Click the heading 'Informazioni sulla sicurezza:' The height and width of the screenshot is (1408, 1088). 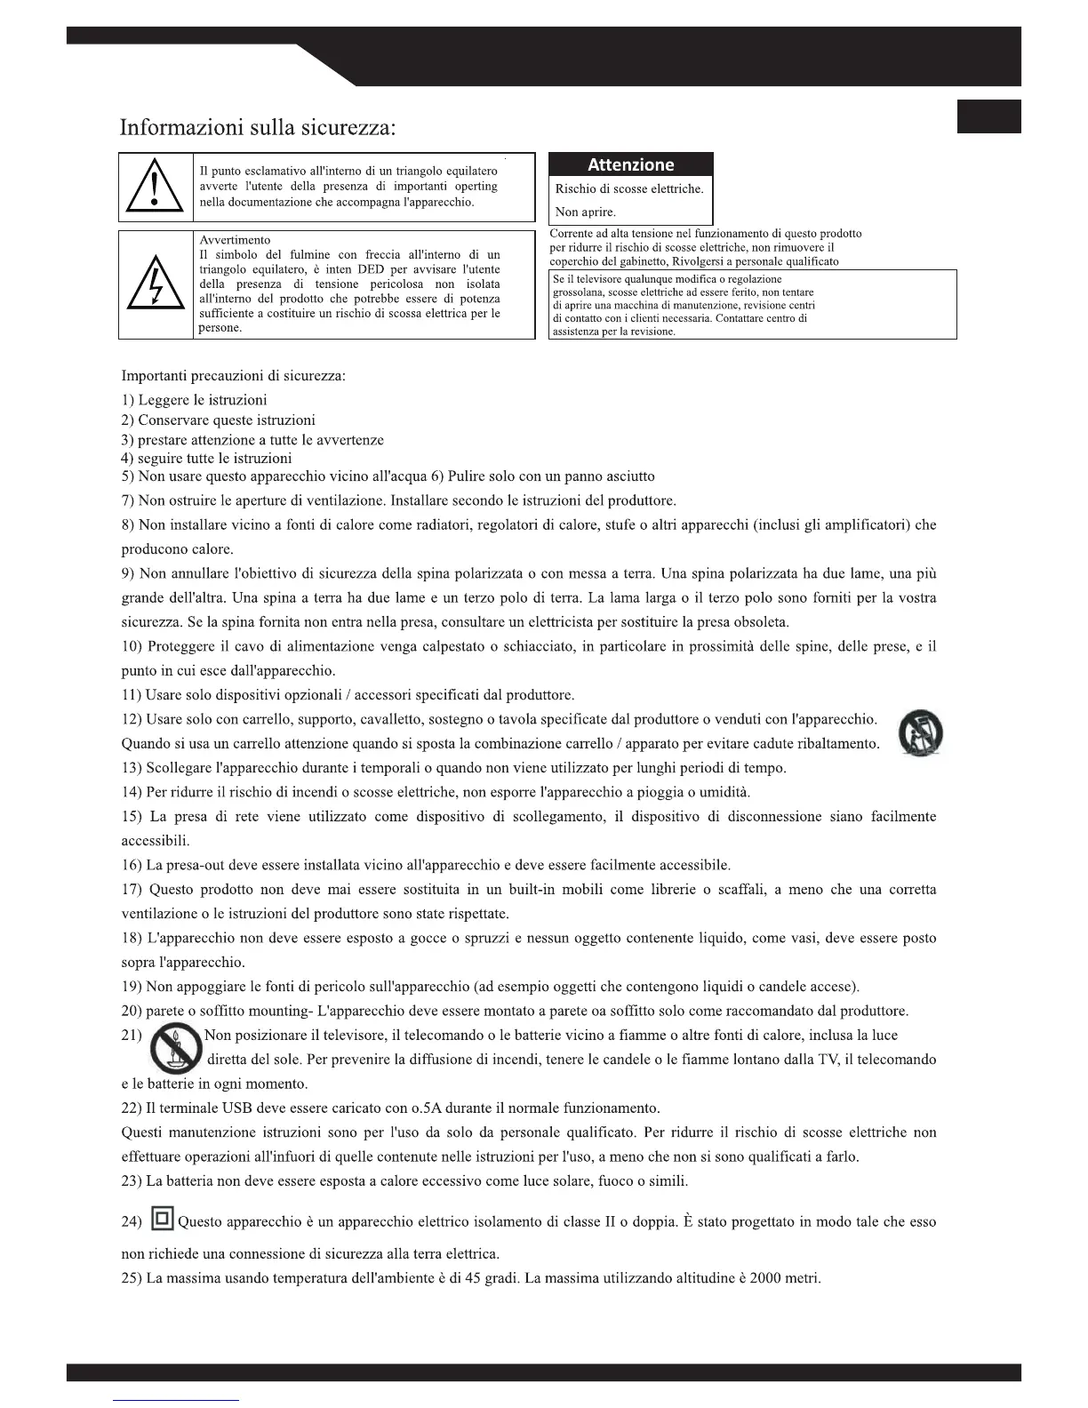(257, 127)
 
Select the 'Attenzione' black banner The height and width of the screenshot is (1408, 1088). (631, 164)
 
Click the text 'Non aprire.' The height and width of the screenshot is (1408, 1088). (585, 212)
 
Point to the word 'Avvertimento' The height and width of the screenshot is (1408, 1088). (235, 240)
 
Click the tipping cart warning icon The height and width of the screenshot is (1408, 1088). (920, 734)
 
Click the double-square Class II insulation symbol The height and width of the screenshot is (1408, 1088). (162, 1219)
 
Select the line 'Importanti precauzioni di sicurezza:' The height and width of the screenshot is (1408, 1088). (233, 375)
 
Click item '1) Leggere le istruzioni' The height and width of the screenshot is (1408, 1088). (194, 400)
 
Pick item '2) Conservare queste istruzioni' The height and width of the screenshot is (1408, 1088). (218, 420)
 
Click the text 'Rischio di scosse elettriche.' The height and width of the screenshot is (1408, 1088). (628, 188)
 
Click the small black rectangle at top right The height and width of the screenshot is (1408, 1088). (988, 116)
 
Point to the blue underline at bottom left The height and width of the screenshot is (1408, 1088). (176, 1399)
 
